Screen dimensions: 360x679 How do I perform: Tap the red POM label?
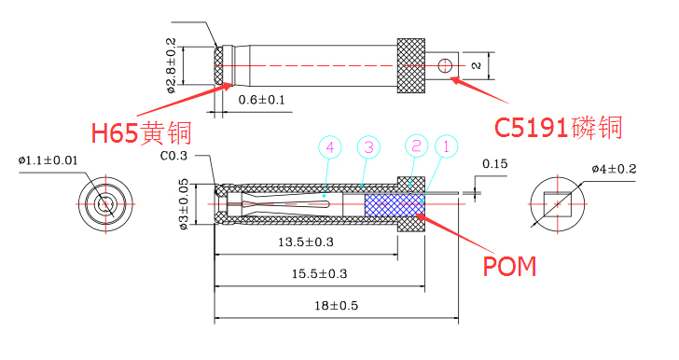(509, 266)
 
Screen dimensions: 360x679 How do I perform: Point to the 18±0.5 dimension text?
(338, 305)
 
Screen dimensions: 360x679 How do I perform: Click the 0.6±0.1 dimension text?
(262, 99)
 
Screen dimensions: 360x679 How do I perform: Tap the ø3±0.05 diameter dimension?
(184, 205)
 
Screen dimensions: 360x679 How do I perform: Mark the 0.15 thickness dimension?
(495, 165)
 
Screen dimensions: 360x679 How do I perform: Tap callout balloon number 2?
(416, 145)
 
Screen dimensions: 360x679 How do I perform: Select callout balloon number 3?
(369, 146)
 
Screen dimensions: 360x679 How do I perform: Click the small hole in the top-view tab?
(445, 65)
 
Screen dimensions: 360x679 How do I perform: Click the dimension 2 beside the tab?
(475, 65)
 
